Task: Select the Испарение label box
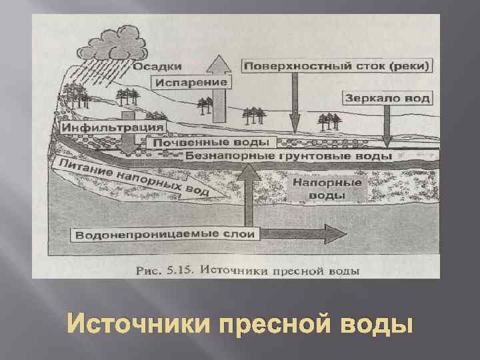(193, 83)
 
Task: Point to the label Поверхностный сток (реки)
(337, 66)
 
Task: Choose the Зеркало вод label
(387, 98)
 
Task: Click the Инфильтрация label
(113, 127)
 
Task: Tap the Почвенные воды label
(211, 143)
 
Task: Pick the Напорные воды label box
(327, 189)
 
